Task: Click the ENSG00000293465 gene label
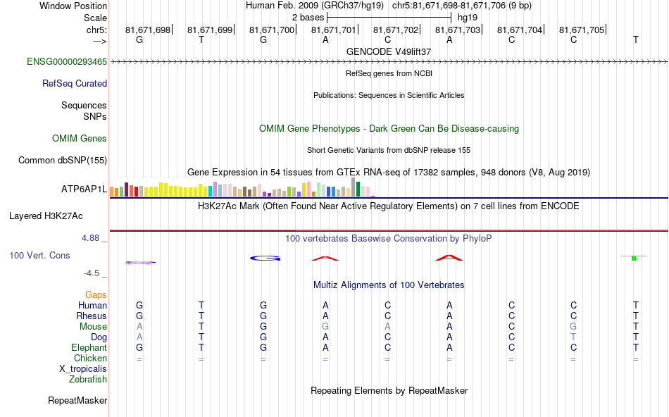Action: click(67, 62)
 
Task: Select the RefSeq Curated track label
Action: click(75, 83)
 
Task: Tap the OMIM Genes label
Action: click(80, 139)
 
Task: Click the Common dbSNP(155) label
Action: click(62, 160)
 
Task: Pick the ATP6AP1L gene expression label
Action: click(85, 189)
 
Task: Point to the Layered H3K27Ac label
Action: click(58, 216)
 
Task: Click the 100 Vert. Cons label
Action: click(39, 255)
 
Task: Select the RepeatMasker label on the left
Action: click(77, 400)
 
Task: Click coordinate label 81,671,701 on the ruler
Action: click(334, 30)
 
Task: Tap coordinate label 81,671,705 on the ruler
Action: click(582, 30)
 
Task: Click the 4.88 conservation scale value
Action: click(92, 238)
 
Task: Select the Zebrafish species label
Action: click(88, 379)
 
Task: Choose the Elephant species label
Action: click(89, 347)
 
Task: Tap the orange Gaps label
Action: click(96, 294)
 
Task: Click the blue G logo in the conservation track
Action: click(265, 258)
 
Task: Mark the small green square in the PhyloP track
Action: click(634, 259)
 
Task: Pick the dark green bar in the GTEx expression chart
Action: click(358, 189)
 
